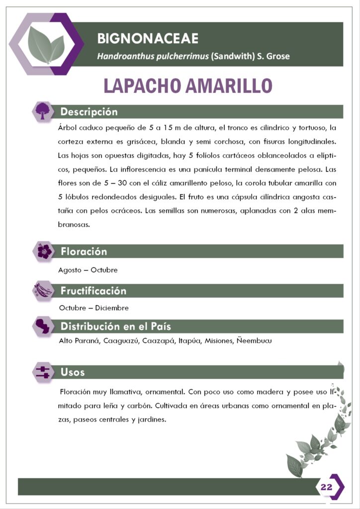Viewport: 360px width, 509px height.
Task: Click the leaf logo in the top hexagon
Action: tap(46, 45)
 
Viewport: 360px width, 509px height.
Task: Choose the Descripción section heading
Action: tap(89, 111)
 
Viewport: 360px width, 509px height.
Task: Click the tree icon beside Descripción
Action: tap(43, 111)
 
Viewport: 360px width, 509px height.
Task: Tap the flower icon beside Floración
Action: tap(44, 252)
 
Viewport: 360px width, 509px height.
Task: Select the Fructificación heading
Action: tap(93, 291)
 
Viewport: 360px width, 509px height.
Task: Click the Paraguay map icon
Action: tap(43, 327)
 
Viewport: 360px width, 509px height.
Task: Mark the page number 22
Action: tap(326, 487)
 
